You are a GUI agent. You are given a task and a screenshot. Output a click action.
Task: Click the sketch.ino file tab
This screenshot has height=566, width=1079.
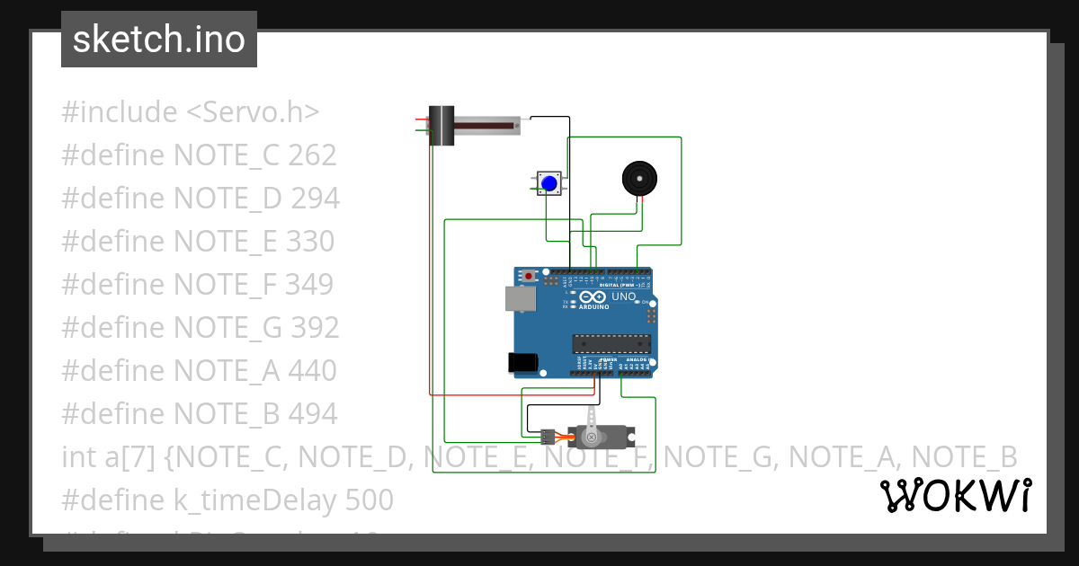click(x=159, y=40)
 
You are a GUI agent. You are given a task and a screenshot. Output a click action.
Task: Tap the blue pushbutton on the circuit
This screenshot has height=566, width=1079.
click(x=549, y=183)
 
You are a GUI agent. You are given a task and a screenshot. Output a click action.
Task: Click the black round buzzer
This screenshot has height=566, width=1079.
click(x=639, y=179)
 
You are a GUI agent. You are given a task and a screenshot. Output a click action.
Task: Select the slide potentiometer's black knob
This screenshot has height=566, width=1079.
click(x=441, y=126)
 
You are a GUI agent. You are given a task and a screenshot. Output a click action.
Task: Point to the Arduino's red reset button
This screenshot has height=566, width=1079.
click(x=530, y=275)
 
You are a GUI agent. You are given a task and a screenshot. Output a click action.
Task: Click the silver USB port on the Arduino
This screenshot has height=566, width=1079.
click(x=520, y=299)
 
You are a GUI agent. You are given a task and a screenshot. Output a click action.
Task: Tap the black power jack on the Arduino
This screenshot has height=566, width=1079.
click(x=522, y=362)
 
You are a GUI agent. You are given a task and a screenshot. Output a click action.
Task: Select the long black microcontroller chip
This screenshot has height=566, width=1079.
click(x=611, y=342)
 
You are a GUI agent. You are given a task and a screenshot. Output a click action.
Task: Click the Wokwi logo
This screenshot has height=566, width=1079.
click(x=955, y=495)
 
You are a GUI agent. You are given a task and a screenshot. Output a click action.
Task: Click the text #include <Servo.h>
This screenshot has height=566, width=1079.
click(x=191, y=112)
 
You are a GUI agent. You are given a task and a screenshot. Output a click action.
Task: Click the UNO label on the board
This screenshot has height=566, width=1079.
click(x=623, y=296)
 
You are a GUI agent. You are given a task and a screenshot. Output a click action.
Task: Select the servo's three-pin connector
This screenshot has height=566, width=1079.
click(x=547, y=437)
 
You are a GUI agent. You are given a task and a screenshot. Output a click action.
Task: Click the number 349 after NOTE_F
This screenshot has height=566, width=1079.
click(x=309, y=284)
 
